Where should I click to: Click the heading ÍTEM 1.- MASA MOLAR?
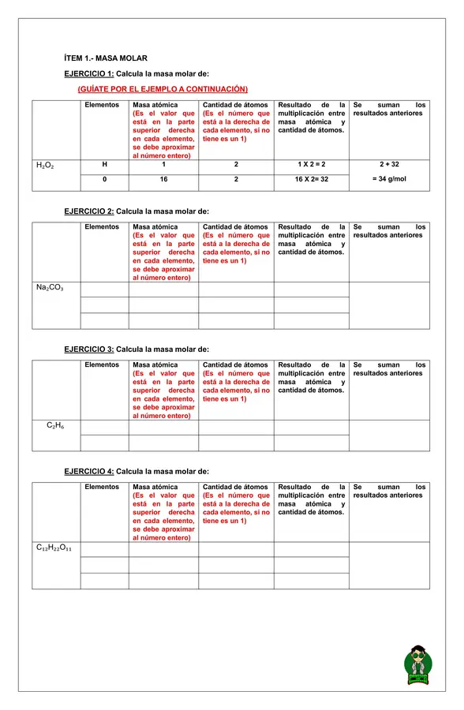(x=105, y=58)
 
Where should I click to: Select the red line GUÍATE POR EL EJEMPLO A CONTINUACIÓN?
(x=163, y=88)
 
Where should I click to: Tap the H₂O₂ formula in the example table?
(x=45, y=166)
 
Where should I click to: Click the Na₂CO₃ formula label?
(x=50, y=288)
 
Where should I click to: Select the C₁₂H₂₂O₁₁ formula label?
(x=54, y=547)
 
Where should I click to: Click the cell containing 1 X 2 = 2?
(x=311, y=165)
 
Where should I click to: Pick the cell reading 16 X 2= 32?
(x=311, y=179)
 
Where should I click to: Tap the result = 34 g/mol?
(x=389, y=179)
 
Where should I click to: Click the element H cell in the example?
(x=104, y=165)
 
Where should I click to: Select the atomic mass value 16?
(x=163, y=179)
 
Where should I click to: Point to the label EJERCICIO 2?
(x=88, y=211)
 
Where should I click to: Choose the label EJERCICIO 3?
(x=88, y=349)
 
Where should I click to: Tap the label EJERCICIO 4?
(x=88, y=471)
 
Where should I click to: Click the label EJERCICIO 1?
(x=88, y=73)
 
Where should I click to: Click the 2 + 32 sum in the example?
(x=389, y=165)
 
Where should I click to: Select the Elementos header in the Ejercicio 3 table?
(x=102, y=365)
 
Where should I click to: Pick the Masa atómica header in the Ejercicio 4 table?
(x=155, y=488)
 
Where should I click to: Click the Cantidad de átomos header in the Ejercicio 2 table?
(x=235, y=227)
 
